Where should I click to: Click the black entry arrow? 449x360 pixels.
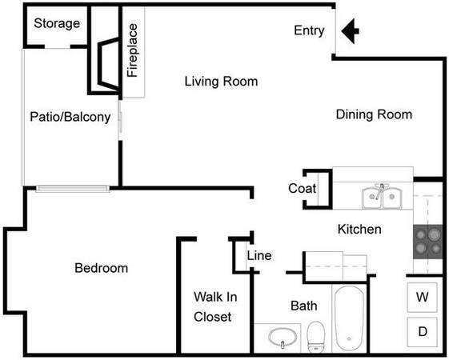[x=349, y=31]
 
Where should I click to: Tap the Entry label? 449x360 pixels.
[x=309, y=30]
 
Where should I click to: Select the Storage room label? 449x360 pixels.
[x=57, y=23]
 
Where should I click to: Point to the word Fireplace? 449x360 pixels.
[x=133, y=50]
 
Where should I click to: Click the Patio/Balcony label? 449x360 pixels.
[x=70, y=117]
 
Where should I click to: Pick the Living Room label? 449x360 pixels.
[x=221, y=82]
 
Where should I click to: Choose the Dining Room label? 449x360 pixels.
[x=374, y=114]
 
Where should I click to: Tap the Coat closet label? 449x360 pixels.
[x=302, y=188]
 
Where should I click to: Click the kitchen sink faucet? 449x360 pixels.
[x=381, y=191]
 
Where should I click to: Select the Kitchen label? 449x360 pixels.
[x=359, y=230]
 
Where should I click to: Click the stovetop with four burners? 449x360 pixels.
[x=428, y=242]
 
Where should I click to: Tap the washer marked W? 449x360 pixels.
[x=423, y=297]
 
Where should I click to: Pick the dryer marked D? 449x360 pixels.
[x=423, y=332]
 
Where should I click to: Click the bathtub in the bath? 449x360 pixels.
[x=349, y=318]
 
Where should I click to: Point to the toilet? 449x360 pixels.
[x=315, y=338]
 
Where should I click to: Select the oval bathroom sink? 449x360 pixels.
[x=283, y=338]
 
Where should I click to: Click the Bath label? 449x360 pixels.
[x=304, y=306]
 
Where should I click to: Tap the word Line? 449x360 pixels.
[x=259, y=255]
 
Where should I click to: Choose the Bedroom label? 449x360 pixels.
[x=102, y=268]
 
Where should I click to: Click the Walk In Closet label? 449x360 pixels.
[x=215, y=306]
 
